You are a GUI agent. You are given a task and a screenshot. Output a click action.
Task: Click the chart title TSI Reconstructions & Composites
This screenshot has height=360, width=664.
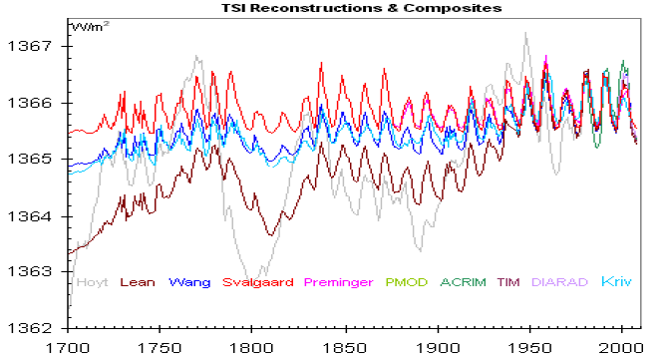click(362, 8)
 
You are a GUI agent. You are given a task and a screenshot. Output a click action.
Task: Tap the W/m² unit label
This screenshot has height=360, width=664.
click(90, 27)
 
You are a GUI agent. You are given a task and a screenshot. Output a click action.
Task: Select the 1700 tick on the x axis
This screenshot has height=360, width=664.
click(68, 348)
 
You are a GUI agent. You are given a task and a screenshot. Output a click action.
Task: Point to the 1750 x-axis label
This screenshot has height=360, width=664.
click(160, 348)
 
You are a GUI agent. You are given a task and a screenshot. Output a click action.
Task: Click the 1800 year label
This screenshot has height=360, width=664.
click(251, 348)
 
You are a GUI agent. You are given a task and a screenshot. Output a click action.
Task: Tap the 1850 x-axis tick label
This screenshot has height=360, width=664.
click(345, 348)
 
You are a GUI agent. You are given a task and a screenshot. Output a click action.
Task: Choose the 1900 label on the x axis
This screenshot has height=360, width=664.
click(438, 348)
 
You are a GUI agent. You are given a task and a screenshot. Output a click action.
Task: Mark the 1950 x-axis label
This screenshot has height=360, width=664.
click(529, 348)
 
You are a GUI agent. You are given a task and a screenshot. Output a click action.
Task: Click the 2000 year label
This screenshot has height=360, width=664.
click(620, 348)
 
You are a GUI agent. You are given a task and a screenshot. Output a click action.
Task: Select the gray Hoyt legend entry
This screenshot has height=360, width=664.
click(93, 282)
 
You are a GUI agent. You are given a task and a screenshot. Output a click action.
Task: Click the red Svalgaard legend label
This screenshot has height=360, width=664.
click(258, 282)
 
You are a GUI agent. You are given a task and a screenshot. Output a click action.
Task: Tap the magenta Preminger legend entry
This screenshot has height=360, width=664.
click(339, 282)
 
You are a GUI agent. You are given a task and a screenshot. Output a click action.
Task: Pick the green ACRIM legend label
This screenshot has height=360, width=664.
click(463, 282)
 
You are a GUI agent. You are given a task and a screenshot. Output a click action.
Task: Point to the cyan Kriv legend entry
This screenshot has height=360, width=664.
click(616, 281)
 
